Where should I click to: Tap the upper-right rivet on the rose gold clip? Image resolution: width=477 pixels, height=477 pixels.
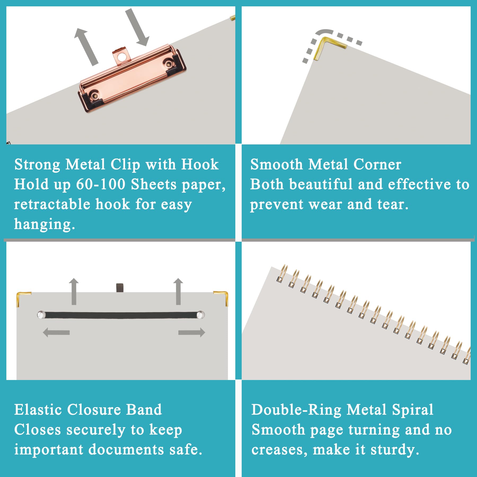pos(169,63)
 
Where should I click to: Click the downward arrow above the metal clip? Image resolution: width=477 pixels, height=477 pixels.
pos(137,27)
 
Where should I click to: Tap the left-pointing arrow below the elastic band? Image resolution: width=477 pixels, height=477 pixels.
pos(56,332)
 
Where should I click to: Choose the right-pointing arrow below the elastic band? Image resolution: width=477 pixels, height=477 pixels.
pos(192,332)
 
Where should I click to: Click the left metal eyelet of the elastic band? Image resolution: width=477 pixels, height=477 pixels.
pos(41,315)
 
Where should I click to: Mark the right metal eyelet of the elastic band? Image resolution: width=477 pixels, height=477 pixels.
pos(201,315)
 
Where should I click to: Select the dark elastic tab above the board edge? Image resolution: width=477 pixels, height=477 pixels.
pos(120,288)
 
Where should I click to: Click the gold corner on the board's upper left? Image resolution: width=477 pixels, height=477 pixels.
pos(23,298)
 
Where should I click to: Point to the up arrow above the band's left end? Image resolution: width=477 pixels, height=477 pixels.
pos(74,291)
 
